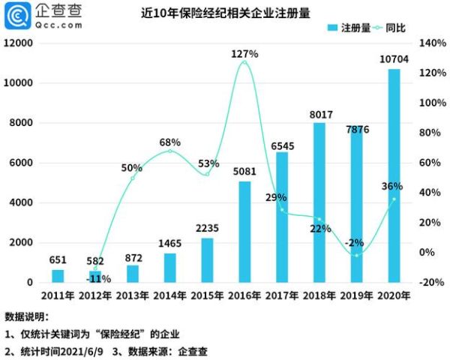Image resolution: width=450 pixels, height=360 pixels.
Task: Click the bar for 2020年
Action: point(394,176)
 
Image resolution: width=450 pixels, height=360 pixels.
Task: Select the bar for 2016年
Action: point(244,232)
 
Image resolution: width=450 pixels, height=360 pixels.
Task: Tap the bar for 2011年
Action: point(58,276)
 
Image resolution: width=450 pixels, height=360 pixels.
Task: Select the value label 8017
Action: point(319,115)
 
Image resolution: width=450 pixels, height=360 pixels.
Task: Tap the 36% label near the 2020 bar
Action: point(391,186)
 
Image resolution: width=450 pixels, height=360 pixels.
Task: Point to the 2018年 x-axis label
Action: point(319,295)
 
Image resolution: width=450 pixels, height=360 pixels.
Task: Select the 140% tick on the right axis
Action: point(430,43)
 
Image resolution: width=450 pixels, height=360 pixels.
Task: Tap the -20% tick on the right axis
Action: point(430,282)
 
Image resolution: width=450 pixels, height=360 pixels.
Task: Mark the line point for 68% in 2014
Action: point(169,151)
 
